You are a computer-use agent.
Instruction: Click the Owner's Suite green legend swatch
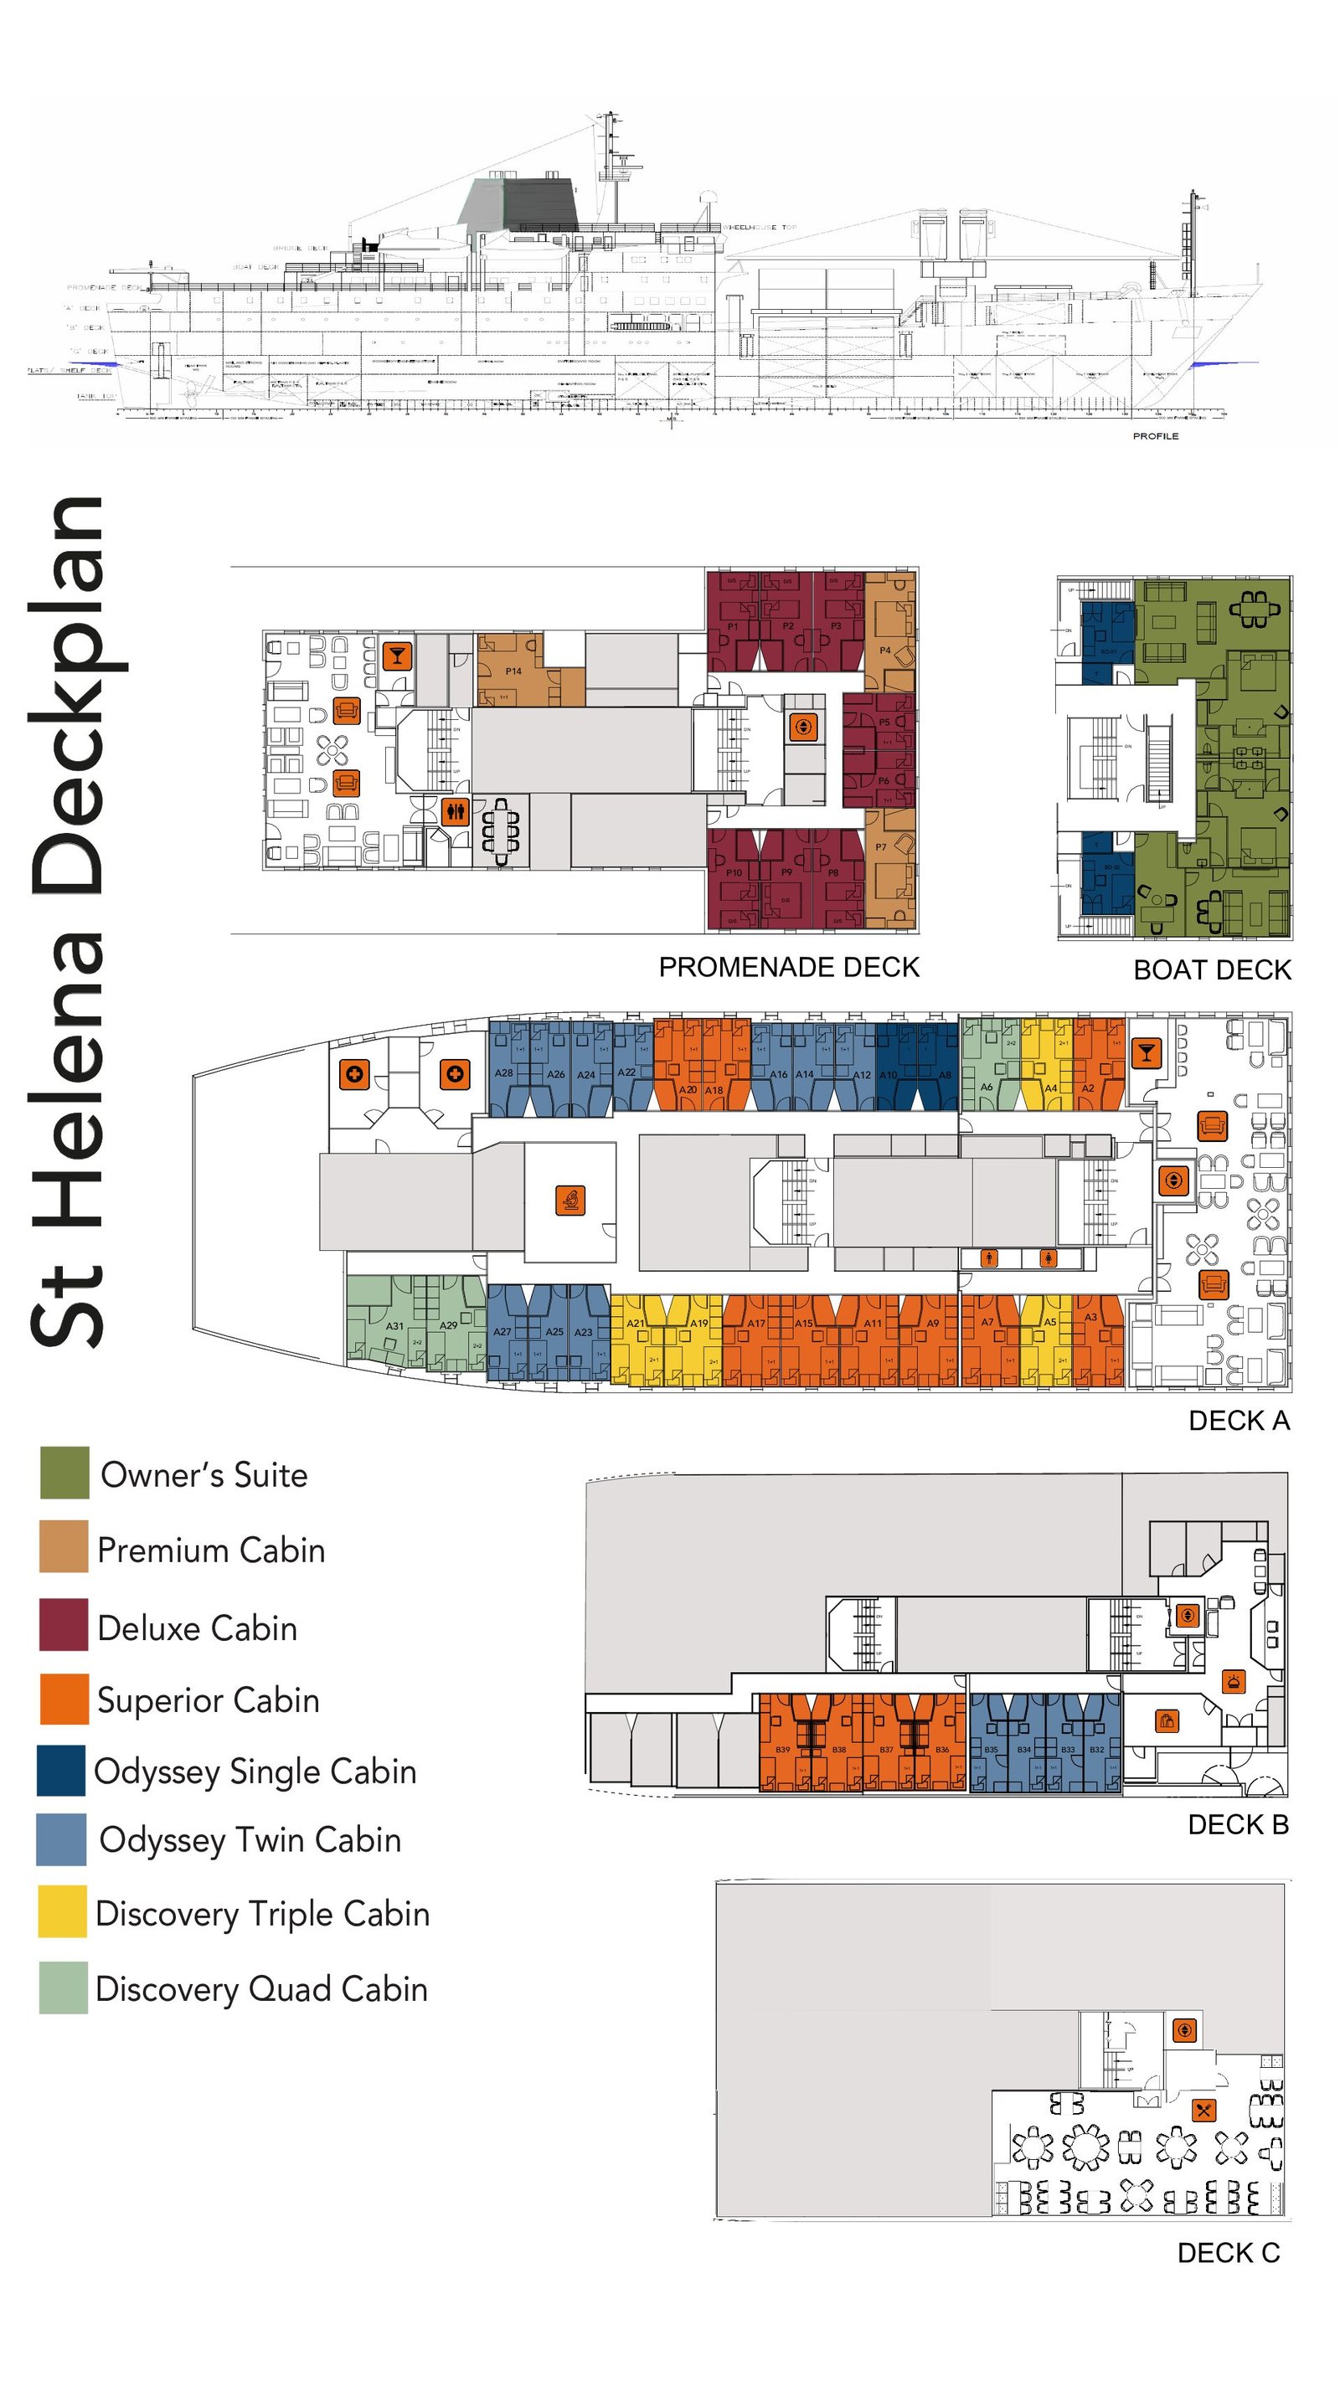(64, 1473)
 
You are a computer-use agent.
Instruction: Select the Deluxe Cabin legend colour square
(63, 1624)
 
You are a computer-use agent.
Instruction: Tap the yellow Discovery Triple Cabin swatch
(62, 1910)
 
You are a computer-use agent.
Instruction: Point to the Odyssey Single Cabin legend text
(255, 1771)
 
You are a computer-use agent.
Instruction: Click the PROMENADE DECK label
(788, 967)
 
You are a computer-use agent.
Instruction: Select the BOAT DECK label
(1212, 969)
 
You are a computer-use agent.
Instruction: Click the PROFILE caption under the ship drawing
(1155, 436)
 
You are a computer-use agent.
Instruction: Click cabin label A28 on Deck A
(503, 1073)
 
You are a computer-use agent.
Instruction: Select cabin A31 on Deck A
(394, 1325)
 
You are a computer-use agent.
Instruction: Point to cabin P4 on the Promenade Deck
(885, 650)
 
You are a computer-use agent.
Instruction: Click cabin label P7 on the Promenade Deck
(881, 846)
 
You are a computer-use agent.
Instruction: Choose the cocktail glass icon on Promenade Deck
(397, 656)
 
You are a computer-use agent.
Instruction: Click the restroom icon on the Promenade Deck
(454, 811)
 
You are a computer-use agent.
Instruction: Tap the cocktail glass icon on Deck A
(1146, 1052)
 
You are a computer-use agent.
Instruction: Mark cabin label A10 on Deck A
(888, 1075)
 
